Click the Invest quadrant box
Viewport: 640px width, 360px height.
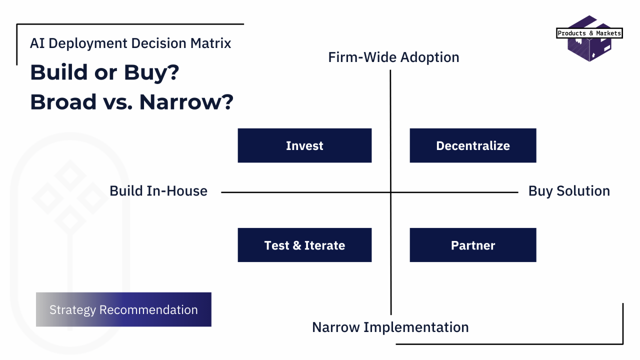click(x=304, y=145)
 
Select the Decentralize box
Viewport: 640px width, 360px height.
click(x=473, y=145)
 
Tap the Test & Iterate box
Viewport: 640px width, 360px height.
click(x=304, y=245)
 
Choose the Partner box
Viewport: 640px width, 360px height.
click(x=473, y=245)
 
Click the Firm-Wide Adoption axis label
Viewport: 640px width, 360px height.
click(x=393, y=57)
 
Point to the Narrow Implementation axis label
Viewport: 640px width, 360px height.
click(x=390, y=327)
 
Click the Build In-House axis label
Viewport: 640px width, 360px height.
click(x=158, y=191)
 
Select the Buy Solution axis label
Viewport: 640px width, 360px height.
click(x=569, y=191)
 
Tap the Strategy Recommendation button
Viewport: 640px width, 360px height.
click(x=123, y=309)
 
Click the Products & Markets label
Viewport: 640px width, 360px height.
click(x=589, y=33)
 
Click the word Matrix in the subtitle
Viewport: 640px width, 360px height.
click(x=210, y=43)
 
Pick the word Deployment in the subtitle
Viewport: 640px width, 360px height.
click(x=87, y=43)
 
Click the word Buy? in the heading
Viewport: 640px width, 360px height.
click(x=151, y=72)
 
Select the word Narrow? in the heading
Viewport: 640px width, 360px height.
click(x=186, y=102)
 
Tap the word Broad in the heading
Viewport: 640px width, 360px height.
click(x=63, y=102)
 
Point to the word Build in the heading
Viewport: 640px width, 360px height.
click(x=59, y=72)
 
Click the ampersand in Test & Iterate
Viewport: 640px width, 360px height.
click(x=297, y=245)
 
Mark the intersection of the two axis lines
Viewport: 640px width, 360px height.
click(x=390, y=192)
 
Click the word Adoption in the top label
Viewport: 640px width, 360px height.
click(x=429, y=57)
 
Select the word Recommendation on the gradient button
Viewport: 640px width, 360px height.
click(x=148, y=309)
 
